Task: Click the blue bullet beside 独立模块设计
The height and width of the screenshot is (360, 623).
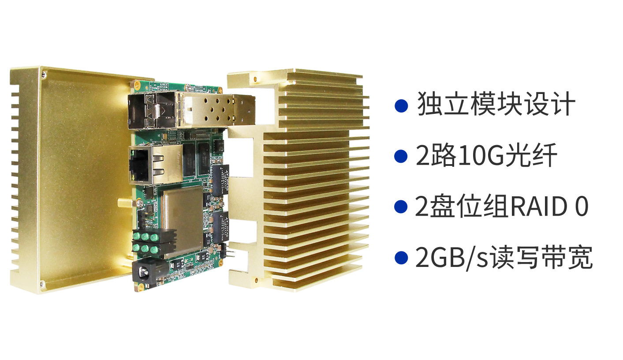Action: tap(401, 106)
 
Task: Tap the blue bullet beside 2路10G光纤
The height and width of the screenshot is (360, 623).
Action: tap(401, 156)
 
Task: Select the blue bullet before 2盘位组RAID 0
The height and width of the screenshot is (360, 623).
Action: tap(401, 207)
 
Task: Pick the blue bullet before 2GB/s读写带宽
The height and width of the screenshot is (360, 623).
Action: tap(401, 258)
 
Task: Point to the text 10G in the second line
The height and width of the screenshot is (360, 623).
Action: tap(481, 156)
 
